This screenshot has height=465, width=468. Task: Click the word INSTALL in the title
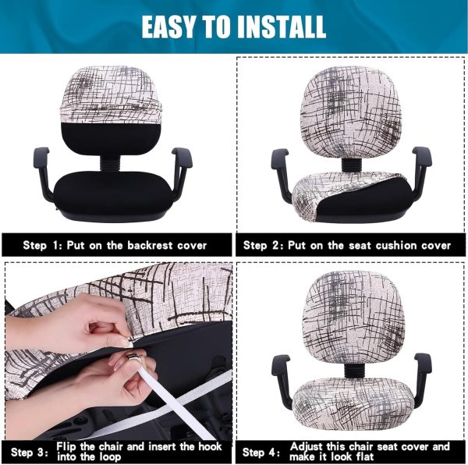pos(281,27)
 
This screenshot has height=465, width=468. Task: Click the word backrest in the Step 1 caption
pos(150,245)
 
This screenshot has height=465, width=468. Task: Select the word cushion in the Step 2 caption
pos(396,245)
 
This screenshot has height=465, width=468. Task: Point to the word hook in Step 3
pos(210,446)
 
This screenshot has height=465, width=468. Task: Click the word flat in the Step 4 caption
pos(364,456)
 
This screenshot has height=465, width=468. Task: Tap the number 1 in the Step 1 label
pos(55,245)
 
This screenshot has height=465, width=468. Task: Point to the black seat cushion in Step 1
pos(114,191)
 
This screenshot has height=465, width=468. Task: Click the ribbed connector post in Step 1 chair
pos(109,163)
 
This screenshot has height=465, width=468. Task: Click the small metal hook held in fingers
pos(131,357)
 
